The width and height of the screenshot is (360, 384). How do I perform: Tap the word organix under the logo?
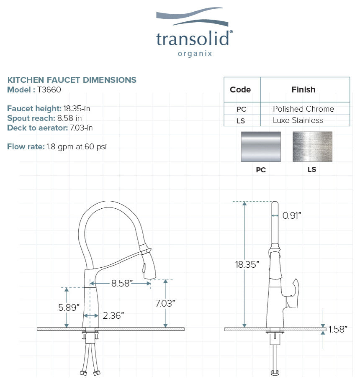pos(195,54)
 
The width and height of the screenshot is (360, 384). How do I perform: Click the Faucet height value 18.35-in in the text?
pos(77,109)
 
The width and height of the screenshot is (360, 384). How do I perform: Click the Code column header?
pos(240,90)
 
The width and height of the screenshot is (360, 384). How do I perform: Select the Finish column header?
pos(303,90)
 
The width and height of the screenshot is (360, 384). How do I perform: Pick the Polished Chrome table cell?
pos(303,109)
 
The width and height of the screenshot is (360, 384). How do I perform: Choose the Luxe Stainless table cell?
pos(298,120)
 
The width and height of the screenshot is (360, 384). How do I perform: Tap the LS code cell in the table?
pos(241,120)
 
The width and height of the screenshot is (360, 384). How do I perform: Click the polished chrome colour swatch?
pos(261,147)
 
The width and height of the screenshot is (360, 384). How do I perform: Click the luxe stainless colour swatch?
pos(312,147)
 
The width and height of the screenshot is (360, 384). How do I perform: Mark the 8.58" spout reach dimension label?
pos(122,283)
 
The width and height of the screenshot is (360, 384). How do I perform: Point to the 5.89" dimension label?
pos(69,307)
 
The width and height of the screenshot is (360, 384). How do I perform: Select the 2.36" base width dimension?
pos(113,315)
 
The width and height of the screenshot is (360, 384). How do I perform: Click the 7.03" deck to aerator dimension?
pos(165,303)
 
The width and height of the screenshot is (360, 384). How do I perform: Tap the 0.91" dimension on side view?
pos(292,215)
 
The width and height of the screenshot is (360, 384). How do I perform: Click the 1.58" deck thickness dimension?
pos(338,329)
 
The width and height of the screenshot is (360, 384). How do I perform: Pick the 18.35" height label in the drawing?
pos(247,264)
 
